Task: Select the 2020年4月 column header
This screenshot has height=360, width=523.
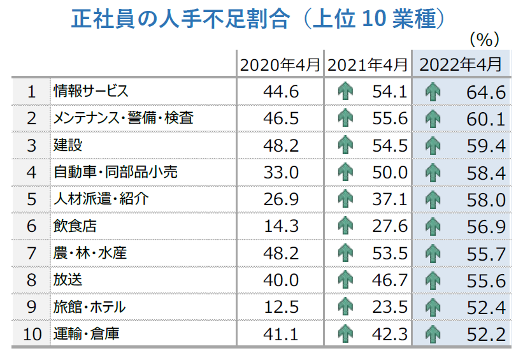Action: (280, 64)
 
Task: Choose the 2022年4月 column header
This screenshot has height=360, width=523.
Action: (461, 64)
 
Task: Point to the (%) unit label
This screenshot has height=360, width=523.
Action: (484, 40)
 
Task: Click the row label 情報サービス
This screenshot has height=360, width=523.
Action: (91, 92)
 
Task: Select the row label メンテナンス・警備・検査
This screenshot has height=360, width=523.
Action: (123, 119)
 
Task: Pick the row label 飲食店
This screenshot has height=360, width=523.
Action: (75, 226)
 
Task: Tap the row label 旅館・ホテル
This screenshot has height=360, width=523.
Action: (89, 307)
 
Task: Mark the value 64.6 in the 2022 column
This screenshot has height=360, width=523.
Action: (485, 92)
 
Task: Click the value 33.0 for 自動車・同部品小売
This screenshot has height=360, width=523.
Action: (280, 173)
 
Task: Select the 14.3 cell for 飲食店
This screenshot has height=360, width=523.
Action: (280, 227)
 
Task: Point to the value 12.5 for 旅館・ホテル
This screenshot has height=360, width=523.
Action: (280, 308)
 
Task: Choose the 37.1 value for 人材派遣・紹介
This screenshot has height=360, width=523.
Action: (390, 199)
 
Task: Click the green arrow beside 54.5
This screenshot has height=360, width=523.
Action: (345, 145)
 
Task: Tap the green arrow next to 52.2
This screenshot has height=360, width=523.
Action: (433, 334)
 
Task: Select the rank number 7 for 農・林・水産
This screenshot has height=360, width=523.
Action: (31, 254)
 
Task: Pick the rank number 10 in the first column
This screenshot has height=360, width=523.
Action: (31, 334)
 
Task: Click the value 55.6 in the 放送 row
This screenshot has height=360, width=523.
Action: (485, 280)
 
